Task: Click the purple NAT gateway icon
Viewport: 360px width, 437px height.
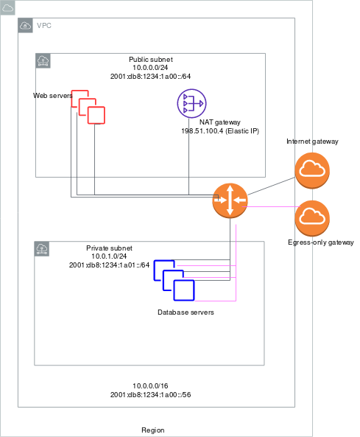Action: coord(191,103)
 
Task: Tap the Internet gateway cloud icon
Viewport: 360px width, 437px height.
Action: coord(312,170)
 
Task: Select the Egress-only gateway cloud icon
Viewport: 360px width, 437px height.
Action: coord(312,218)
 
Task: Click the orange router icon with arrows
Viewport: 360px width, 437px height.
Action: coord(230,200)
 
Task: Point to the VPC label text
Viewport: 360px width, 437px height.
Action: coord(44,26)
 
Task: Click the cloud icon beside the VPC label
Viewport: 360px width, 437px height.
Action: coord(25,26)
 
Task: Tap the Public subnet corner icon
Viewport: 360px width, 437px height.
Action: coord(43,60)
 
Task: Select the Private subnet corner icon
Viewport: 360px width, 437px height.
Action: coord(42,249)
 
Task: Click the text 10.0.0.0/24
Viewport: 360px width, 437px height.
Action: coord(150,68)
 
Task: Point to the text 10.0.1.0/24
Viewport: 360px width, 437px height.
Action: coord(109,256)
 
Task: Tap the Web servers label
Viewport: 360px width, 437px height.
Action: coord(53,96)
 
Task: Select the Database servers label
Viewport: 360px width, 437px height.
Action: coord(186,312)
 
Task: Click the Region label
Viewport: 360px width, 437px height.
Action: coord(153,430)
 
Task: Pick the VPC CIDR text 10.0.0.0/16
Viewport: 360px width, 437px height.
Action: coord(150,386)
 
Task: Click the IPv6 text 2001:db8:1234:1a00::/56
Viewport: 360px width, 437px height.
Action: coord(151,395)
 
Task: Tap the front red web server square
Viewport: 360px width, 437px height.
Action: coord(96,115)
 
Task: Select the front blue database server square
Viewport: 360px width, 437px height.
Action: coord(184,290)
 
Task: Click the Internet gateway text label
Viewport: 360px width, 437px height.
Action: coord(312,141)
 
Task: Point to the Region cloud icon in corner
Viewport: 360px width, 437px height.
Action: coord(7,8)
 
